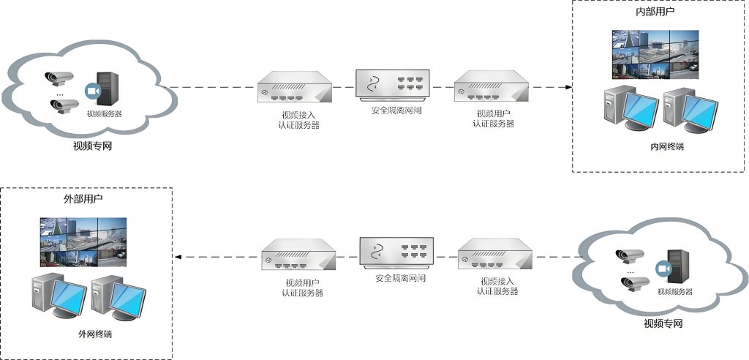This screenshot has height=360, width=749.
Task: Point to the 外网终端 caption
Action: [95, 334]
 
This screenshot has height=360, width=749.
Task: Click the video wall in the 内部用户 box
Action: [655, 53]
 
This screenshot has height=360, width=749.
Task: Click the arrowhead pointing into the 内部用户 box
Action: [568, 87]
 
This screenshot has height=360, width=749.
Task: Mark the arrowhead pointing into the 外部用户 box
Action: [178, 257]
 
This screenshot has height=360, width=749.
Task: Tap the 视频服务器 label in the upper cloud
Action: [104, 114]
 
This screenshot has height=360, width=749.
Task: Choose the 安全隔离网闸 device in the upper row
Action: [392, 84]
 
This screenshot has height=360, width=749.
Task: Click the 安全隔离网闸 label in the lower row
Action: [400, 279]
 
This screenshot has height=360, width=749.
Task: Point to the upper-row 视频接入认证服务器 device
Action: [296, 89]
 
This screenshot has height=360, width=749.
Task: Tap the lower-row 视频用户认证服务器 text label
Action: [302, 288]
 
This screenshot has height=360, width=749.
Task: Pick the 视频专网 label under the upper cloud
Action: [92, 146]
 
